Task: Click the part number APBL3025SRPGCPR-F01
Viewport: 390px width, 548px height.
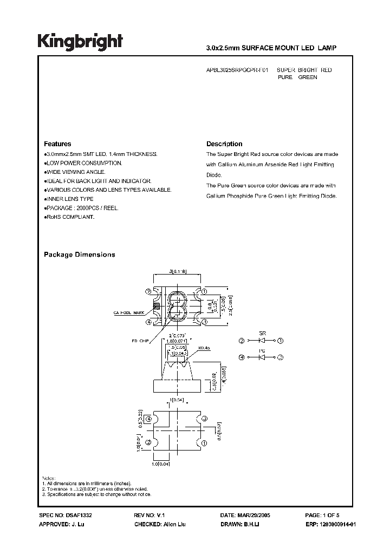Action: pos(237,70)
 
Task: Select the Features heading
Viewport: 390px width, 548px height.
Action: pos(57,144)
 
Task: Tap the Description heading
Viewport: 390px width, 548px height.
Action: pos(224,144)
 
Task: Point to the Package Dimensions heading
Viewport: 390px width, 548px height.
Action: pos(79,255)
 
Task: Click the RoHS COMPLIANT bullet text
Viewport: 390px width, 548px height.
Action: pos(70,217)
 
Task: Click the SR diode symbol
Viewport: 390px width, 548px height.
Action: pos(262,341)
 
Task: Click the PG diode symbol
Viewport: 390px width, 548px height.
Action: pos(262,357)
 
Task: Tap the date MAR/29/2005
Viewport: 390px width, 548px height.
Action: pos(255,516)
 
